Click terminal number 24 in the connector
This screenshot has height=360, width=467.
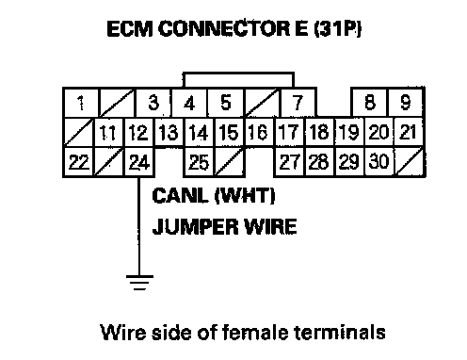[x=139, y=162]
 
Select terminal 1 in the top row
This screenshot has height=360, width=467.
[x=81, y=103]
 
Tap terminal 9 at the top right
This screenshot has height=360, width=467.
[x=406, y=103]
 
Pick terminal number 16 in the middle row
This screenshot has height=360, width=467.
[x=258, y=132]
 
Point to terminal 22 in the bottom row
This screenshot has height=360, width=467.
[x=78, y=162]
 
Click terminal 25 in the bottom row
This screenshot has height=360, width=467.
[x=199, y=162]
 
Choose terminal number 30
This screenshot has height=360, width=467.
[x=379, y=161]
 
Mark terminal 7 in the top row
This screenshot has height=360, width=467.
[x=298, y=103]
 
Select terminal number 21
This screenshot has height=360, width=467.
[x=408, y=132]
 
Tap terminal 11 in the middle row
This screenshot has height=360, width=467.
[x=108, y=132]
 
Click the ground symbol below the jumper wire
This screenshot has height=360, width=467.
[x=139, y=283]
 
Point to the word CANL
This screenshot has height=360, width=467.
[x=180, y=195]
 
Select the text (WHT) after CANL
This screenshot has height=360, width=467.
[x=245, y=195]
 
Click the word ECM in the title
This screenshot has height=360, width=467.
[x=130, y=28]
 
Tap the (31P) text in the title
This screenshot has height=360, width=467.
[x=338, y=28]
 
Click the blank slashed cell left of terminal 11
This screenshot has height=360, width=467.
[x=78, y=132]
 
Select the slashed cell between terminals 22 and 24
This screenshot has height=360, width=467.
[x=108, y=162]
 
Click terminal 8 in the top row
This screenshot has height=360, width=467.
[x=370, y=103]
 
